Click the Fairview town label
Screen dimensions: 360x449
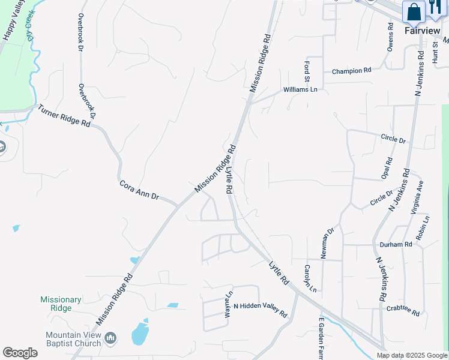pyautogui.click(x=422, y=31)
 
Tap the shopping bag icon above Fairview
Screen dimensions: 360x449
pyautogui.click(x=414, y=11)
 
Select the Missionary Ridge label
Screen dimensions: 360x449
pyautogui.click(x=61, y=304)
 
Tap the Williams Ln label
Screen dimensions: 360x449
pyautogui.click(x=300, y=90)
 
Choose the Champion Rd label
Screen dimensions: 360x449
pyautogui.click(x=352, y=71)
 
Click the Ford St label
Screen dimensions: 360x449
pyautogui.click(x=307, y=71)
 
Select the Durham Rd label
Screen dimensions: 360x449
pyautogui.click(x=396, y=245)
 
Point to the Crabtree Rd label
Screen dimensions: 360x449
pyautogui.click(x=403, y=310)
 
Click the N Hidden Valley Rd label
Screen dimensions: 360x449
pyautogui.click(x=261, y=310)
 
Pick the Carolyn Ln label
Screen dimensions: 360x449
pyautogui.click(x=310, y=278)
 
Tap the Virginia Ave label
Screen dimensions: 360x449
pyautogui.click(x=417, y=197)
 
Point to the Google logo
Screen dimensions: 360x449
pyautogui.click(x=20, y=353)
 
